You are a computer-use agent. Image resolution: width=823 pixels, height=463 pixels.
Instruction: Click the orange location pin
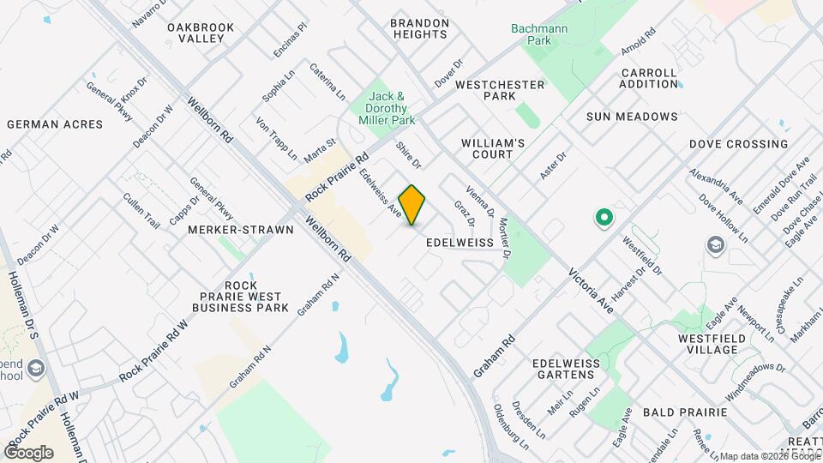click(412, 204)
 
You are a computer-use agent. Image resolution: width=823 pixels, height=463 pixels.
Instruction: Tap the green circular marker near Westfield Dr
click(604, 218)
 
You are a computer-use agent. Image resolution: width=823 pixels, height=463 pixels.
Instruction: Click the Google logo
click(28, 452)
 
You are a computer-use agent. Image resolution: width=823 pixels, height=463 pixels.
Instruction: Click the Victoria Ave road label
click(592, 288)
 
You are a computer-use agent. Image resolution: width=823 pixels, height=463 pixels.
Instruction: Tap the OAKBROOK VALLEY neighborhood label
click(201, 33)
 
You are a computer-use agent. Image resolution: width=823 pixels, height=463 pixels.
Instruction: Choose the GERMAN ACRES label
click(55, 124)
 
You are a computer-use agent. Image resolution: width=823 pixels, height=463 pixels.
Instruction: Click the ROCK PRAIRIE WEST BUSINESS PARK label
click(240, 296)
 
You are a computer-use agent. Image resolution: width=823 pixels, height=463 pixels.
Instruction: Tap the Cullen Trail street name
click(141, 211)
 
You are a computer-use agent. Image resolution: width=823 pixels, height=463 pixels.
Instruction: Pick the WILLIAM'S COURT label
click(493, 148)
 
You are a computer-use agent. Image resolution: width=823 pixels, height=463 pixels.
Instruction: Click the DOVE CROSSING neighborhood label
click(738, 144)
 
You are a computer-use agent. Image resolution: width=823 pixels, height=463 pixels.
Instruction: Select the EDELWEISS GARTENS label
click(566, 369)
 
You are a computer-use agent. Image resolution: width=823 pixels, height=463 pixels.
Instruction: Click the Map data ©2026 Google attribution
click(770, 456)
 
